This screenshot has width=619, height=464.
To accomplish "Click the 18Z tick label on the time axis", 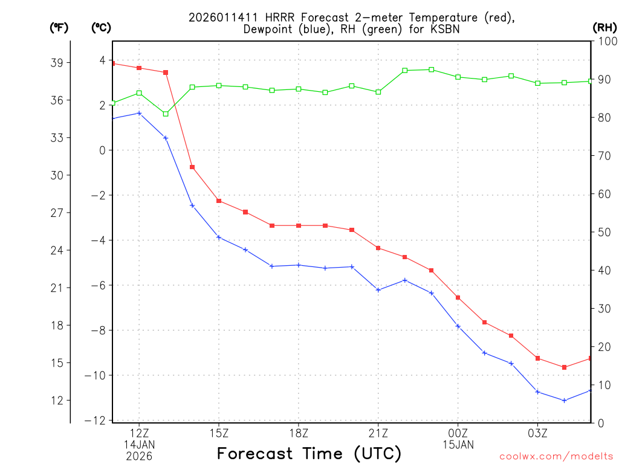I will point(299,433).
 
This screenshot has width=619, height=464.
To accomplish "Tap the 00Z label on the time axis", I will point(458,433).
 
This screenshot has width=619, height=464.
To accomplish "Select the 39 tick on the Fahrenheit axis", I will point(60,62).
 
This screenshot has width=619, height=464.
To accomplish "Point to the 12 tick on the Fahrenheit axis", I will point(60,400).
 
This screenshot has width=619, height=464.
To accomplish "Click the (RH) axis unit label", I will point(604,27).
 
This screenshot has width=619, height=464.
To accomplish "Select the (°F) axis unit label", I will point(60,27).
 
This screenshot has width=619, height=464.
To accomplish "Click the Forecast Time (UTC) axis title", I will point(309,453).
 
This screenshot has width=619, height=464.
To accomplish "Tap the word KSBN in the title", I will point(443,30).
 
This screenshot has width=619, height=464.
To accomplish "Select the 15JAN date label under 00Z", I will point(458,445).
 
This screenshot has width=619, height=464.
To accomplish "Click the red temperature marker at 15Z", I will point(219,201).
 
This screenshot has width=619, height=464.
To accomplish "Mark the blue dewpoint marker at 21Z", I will point(378,290).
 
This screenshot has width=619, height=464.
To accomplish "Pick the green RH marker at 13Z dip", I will point(166,114).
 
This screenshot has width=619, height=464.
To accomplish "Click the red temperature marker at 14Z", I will point(192,167).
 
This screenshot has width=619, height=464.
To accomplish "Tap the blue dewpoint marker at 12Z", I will point(139,113).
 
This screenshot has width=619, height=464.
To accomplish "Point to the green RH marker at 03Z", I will point(537,83).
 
